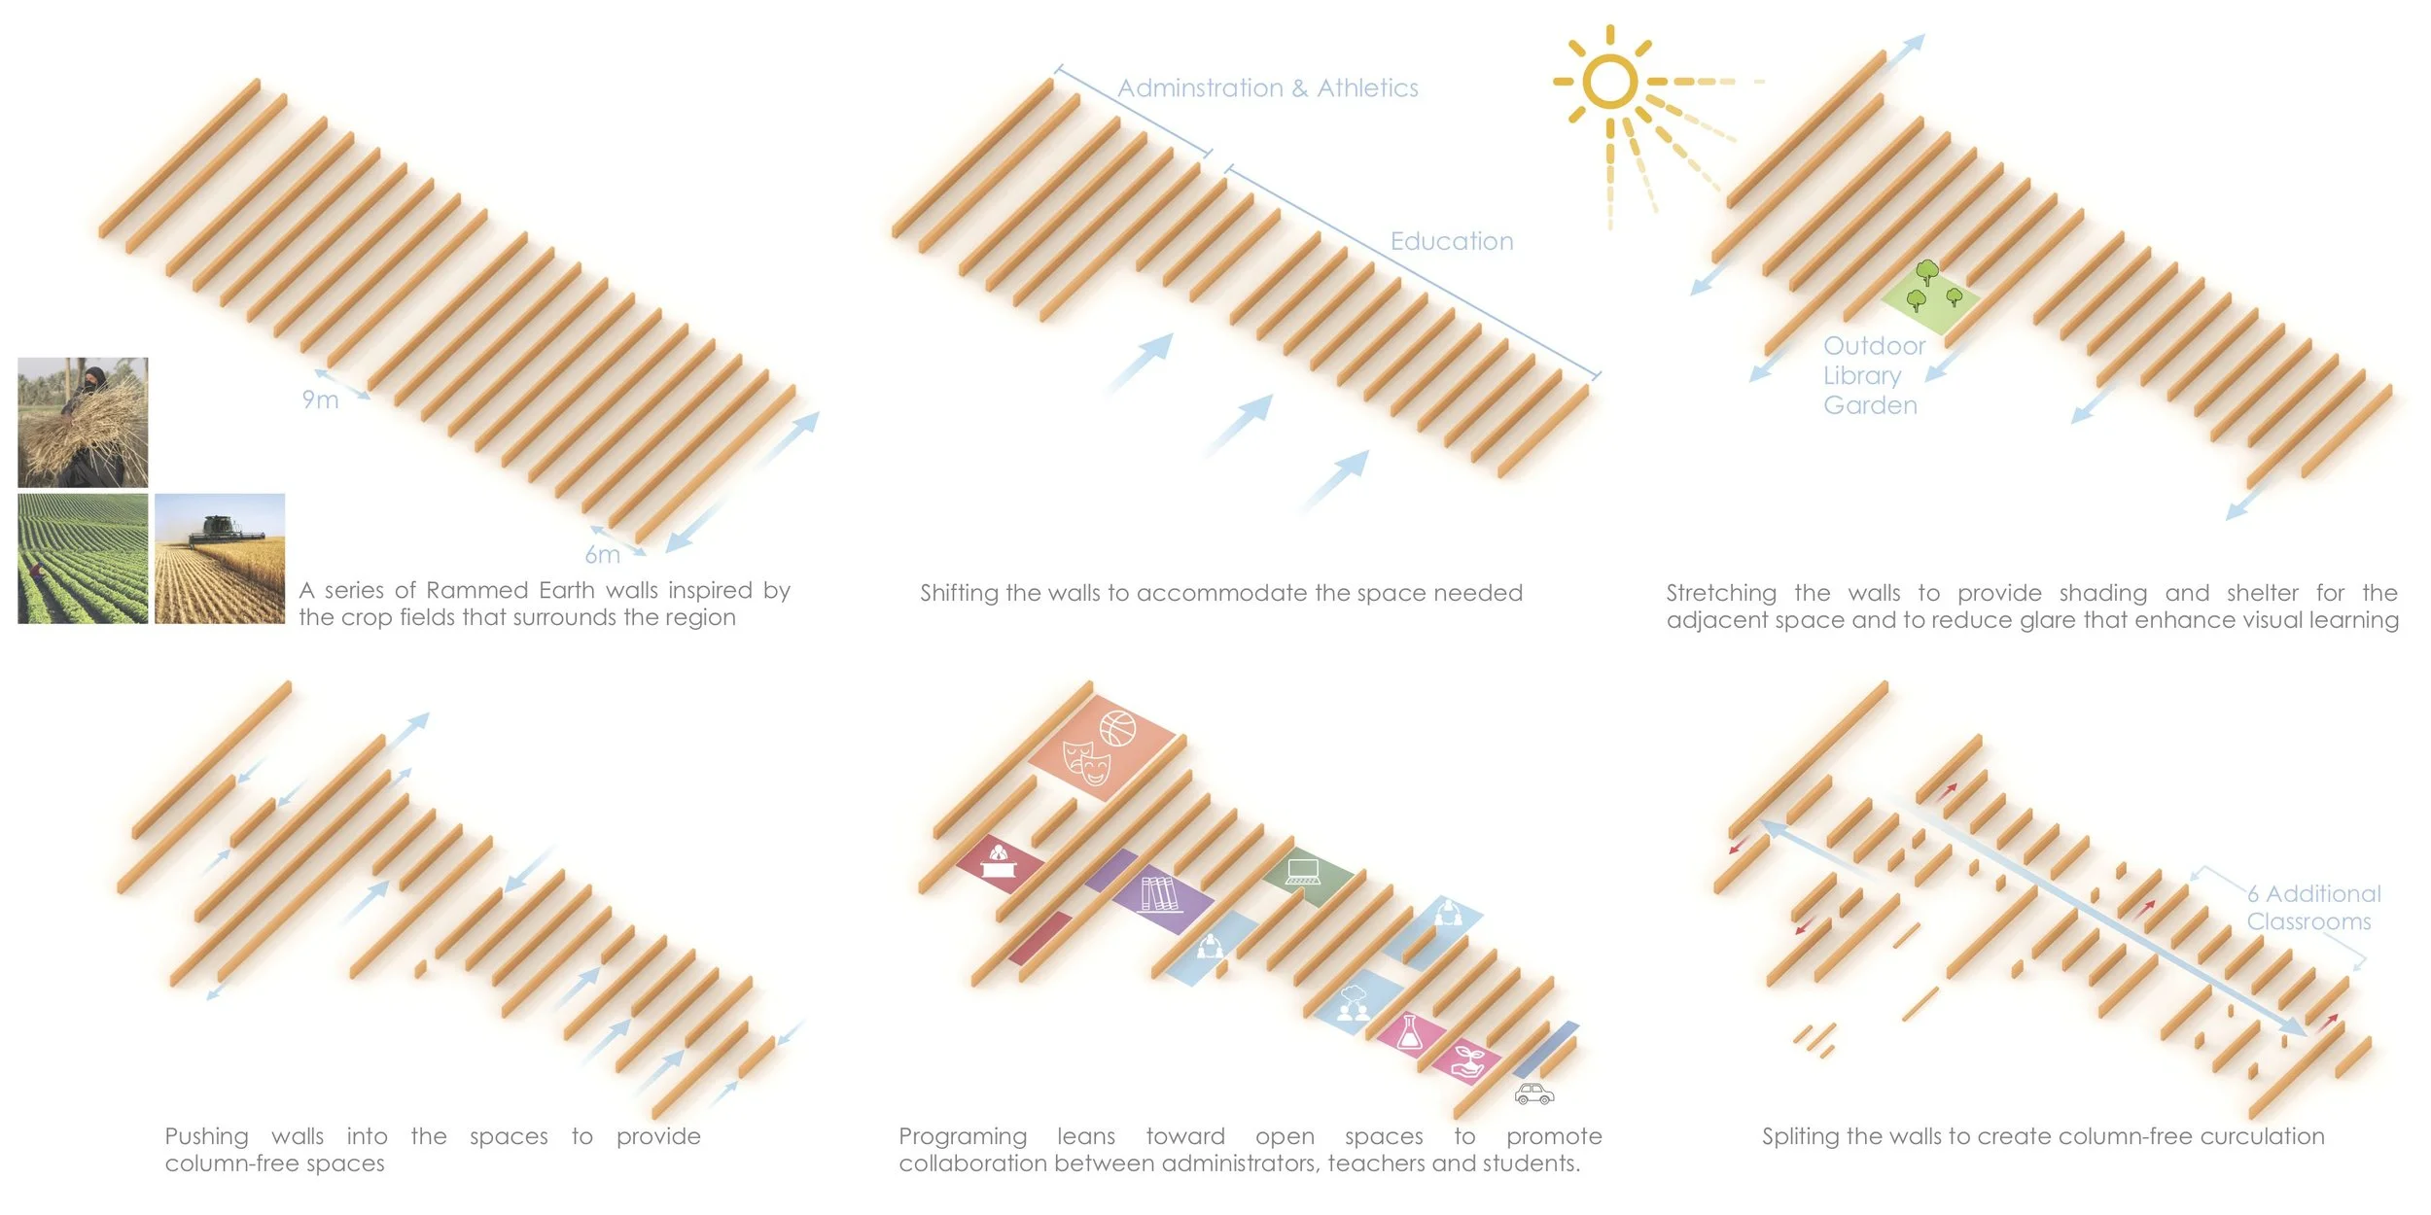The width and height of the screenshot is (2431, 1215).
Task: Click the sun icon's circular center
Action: [x=1609, y=80]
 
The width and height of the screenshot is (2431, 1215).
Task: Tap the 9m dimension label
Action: [x=320, y=399]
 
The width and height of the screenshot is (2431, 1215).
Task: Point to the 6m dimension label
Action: [x=602, y=555]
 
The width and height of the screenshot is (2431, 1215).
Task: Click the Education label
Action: [x=1452, y=241]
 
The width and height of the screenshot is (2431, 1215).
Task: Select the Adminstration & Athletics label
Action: [x=1268, y=88]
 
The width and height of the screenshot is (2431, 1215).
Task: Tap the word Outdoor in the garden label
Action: [x=1874, y=346]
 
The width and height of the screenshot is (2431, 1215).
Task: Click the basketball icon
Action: [x=1117, y=728]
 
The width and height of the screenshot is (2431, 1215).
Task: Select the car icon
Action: [x=1533, y=1094]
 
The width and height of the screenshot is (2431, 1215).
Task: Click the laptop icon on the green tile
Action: [x=1302, y=871]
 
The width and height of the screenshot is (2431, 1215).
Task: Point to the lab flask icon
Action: [x=1409, y=1031]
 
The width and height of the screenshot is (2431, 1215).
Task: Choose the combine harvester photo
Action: [x=220, y=558]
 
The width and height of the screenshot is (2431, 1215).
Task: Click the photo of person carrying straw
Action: [x=83, y=422]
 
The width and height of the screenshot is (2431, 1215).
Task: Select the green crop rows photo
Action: [x=83, y=558]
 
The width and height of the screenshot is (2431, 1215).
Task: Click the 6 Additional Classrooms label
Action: [x=2312, y=908]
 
